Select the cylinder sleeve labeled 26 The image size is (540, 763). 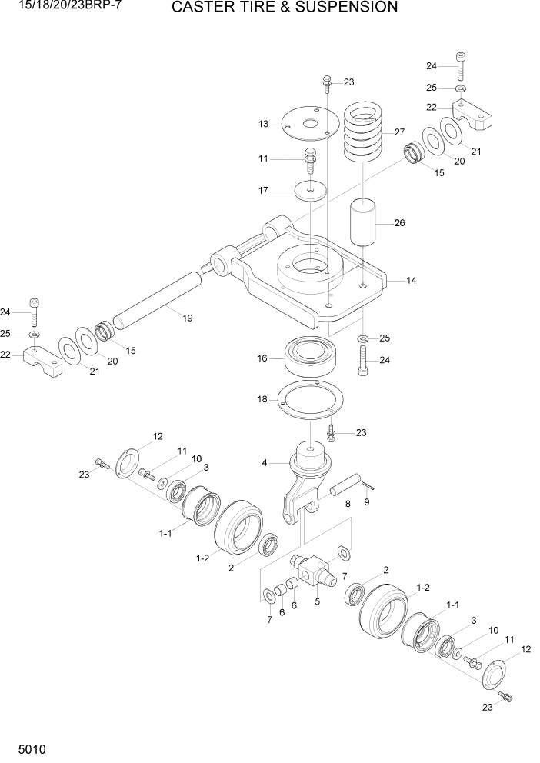coord(365,222)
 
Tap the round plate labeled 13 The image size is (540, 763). coord(309,123)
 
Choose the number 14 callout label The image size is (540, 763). coord(412,282)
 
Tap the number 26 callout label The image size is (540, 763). coord(399,224)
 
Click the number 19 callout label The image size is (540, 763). coord(187,319)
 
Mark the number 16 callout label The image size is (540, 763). coord(262,358)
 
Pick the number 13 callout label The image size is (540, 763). coord(263,124)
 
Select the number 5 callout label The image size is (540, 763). coord(317,602)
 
